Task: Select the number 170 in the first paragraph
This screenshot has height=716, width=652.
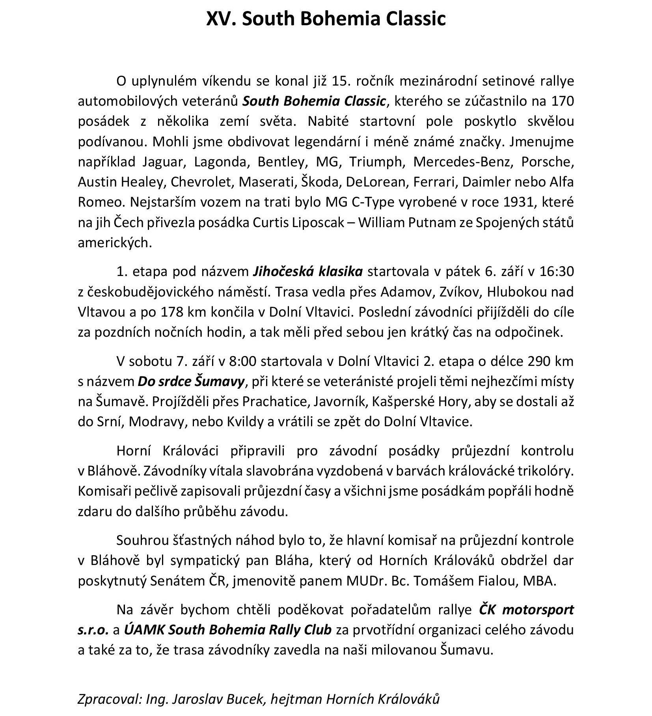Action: (563, 101)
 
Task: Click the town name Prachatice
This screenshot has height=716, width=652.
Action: (274, 401)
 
